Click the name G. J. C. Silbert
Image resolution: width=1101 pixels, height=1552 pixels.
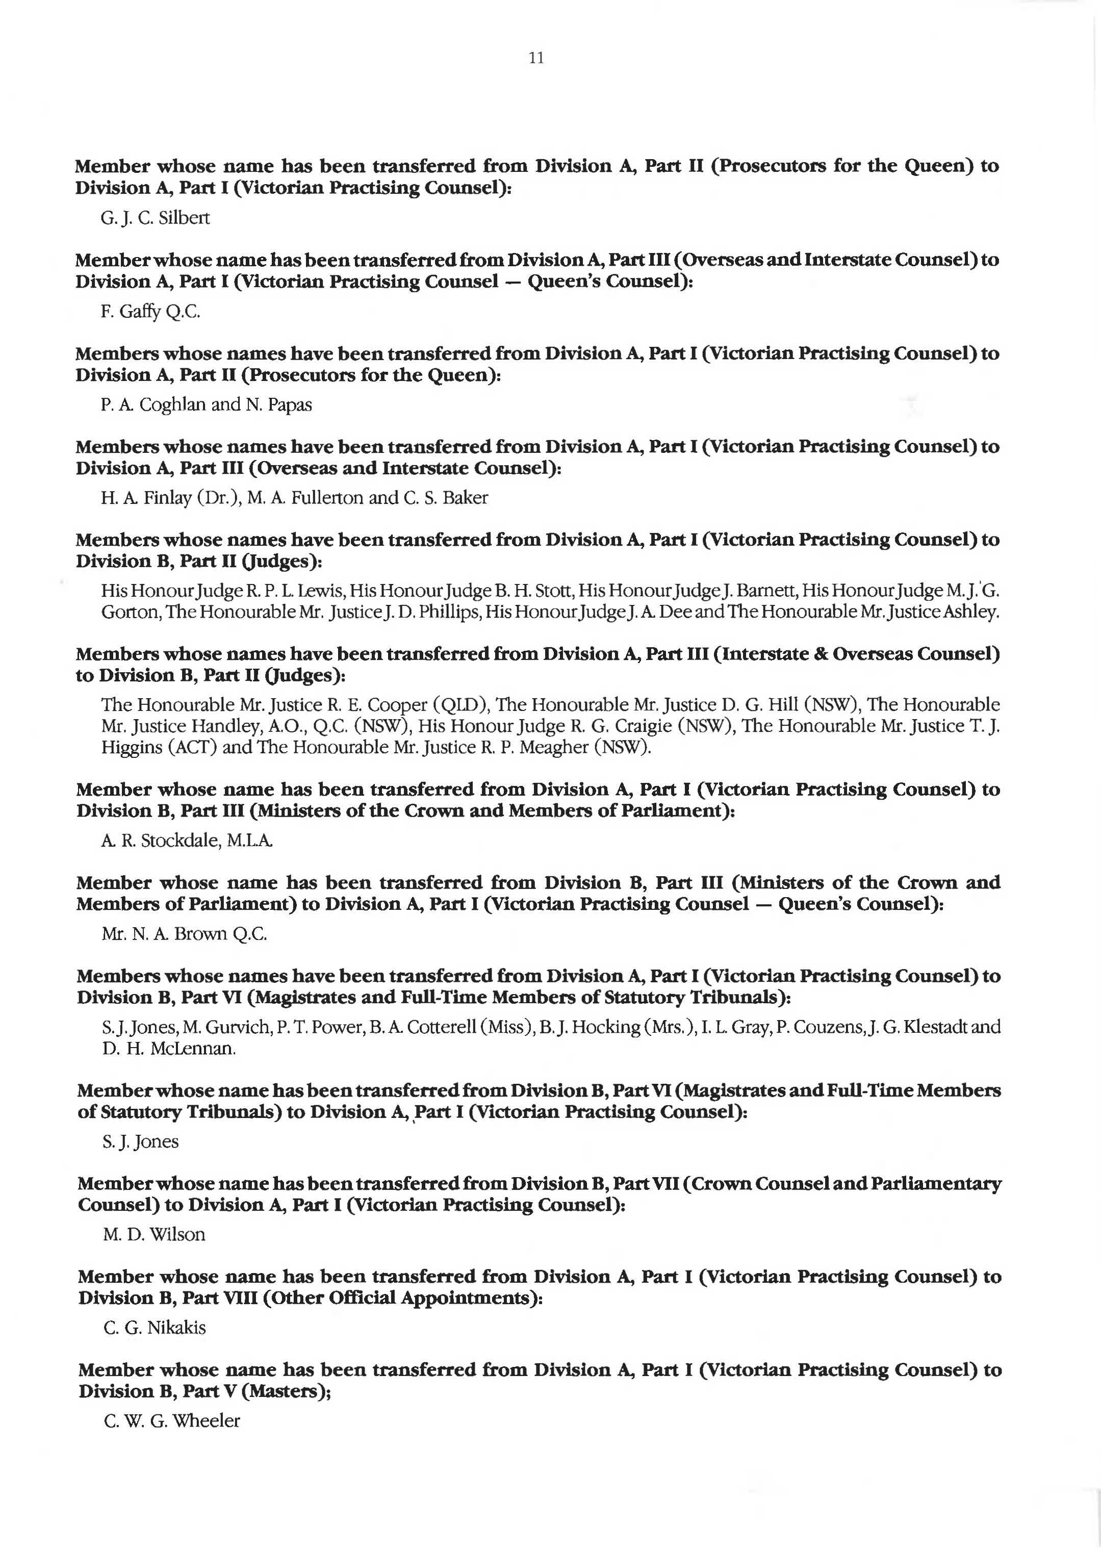click(x=155, y=218)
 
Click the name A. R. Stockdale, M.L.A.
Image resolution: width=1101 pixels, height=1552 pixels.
click(x=187, y=841)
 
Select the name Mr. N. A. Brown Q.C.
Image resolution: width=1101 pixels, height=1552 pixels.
click(x=185, y=934)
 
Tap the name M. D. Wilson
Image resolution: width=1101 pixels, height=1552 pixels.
click(x=154, y=1234)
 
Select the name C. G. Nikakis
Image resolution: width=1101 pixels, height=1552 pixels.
click(x=155, y=1327)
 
